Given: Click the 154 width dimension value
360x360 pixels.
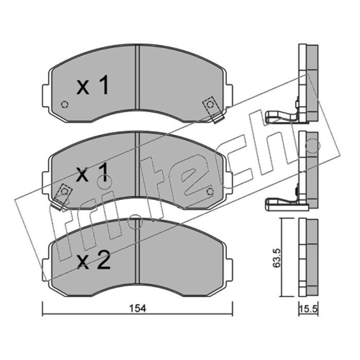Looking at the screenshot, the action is tap(138, 309).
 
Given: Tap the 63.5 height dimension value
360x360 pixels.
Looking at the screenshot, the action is tap(277, 257).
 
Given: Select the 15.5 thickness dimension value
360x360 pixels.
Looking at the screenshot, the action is tap(308, 309).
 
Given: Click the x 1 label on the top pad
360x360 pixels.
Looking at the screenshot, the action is tap(93, 85).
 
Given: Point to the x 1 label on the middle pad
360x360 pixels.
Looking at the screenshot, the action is tap(93, 172).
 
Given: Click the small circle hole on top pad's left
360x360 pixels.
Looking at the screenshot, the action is tap(65, 105).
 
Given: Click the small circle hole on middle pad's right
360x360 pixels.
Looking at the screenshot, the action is tap(210, 192).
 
